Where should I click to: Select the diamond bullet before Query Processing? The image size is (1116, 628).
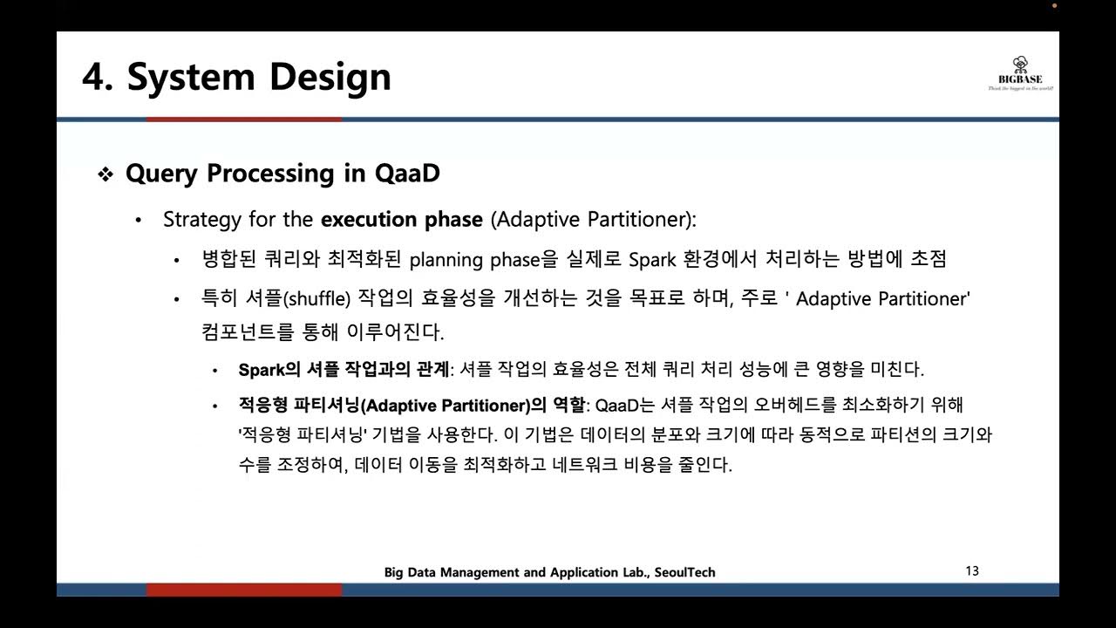pos(105,174)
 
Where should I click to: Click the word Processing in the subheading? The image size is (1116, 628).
pos(269,174)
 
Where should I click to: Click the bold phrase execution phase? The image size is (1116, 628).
pos(401,219)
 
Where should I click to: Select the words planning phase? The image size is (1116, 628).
pos(473,260)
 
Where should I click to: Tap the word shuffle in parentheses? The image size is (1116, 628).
pos(316,299)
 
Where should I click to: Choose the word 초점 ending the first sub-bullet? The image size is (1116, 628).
pos(927,259)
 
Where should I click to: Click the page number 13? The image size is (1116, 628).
pos(972,571)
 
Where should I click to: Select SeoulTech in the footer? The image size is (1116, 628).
pos(684,572)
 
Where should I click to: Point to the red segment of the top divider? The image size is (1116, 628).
pos(244,119)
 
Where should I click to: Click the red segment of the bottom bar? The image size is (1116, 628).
pos(244,590)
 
